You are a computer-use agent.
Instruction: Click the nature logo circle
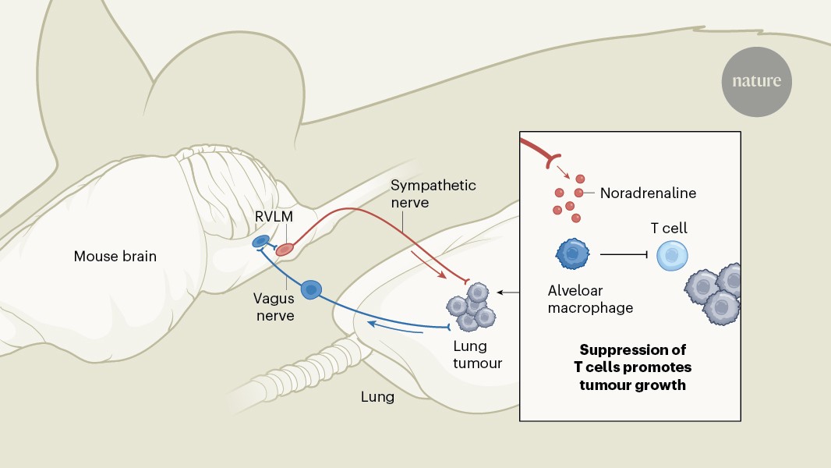pyautogui.click(x=756, y=81)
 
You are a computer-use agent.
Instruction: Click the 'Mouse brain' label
pyautogui.click(x=115, y=256)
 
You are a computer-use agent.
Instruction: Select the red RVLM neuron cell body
pyautogui.click(x=285, y=249)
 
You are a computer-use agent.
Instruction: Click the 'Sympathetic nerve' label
pyautogui.click(x=433, y=193)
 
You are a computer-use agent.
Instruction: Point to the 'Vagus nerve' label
pyautogui.click(x=274, y=307)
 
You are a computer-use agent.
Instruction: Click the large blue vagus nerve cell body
pyautogui.click(x=311, y=289)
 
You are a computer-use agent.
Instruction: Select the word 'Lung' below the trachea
pyautogui.click(x=377, y=397)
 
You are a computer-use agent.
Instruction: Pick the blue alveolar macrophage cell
pyautogui.click(x=573, y=254)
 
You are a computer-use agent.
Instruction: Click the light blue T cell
pyautogui.click(x=672, y=255)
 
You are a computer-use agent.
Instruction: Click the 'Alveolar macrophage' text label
pyautogui.click(x=590, y=299)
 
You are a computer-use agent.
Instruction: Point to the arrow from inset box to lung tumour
pyautogui.click(x=508, y=292)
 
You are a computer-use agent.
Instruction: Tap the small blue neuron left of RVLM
pyautogui.click(x=260, y=243)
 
